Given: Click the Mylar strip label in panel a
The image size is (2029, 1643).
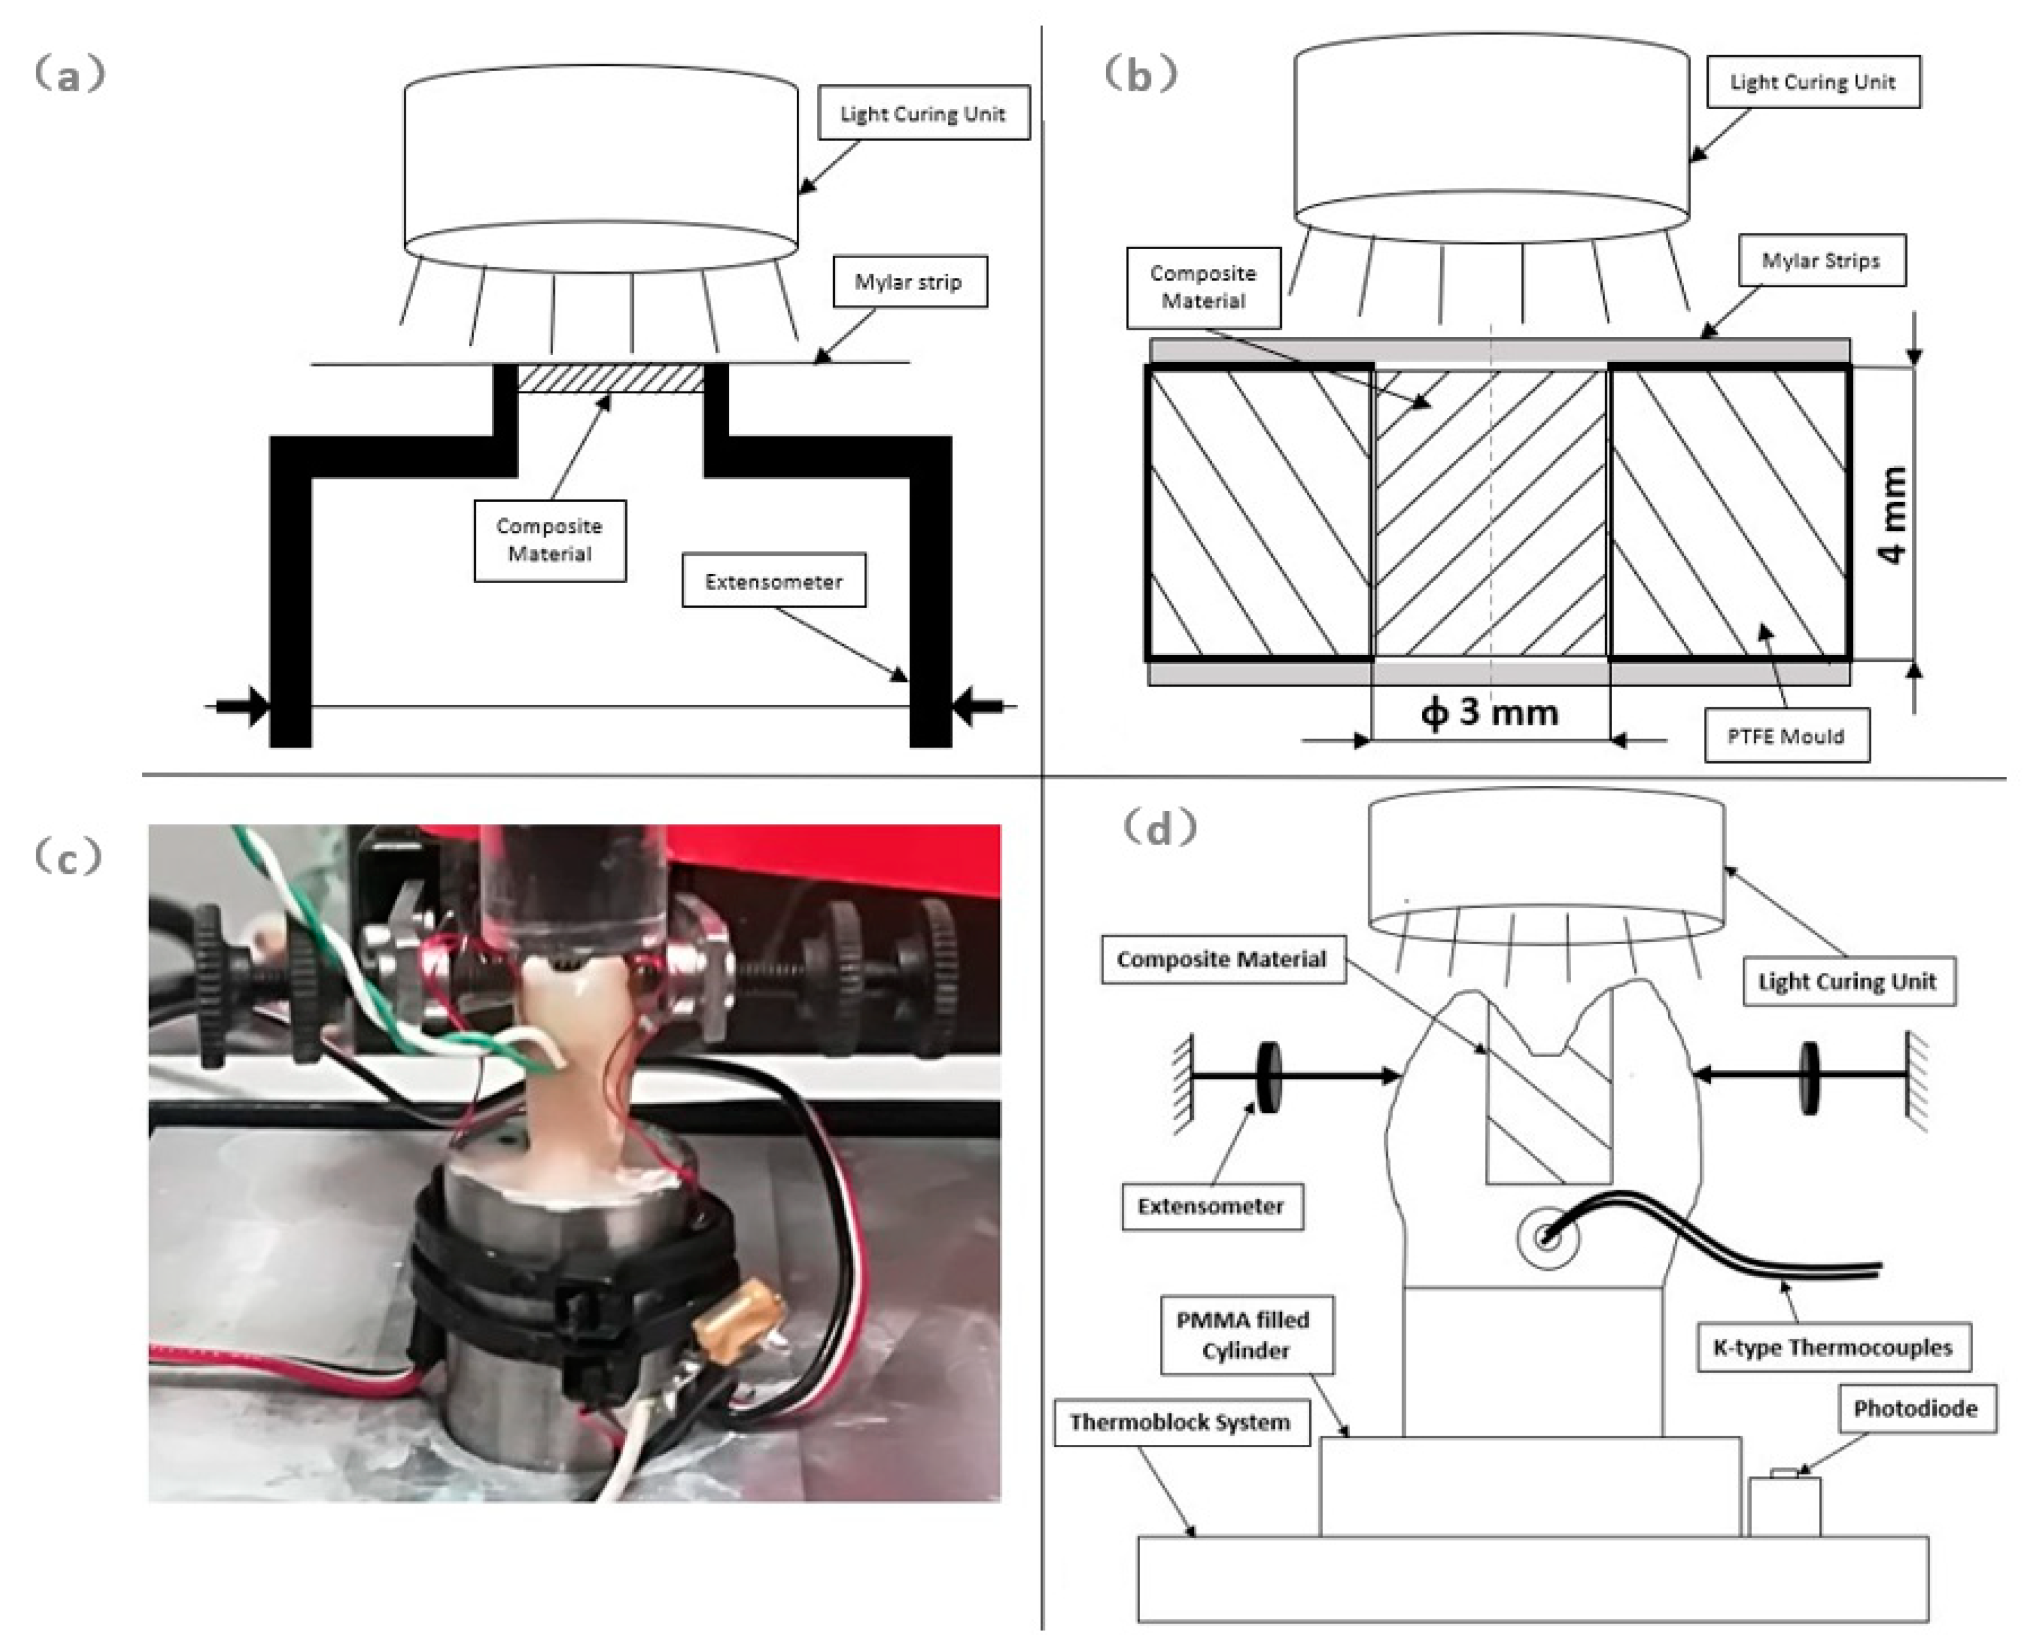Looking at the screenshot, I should pos(909,281).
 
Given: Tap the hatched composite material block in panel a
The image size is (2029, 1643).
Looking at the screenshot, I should pos(611,379).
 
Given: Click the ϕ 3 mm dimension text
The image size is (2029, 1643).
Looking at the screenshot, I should pos(1489,712).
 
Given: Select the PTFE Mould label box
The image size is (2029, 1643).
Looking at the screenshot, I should pos(1786,735).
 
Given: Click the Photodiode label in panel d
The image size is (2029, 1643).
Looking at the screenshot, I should pos(1916,1408).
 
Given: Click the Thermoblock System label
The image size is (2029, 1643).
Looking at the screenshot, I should pos(1179,1422).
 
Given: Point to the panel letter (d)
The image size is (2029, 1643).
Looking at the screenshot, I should pos(1159,828).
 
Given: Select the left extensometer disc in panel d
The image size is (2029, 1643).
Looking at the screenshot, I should pos(1268,1076).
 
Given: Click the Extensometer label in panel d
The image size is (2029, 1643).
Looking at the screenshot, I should pos(1211,1206).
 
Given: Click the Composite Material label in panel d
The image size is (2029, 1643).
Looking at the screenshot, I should pos(1221,959).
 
